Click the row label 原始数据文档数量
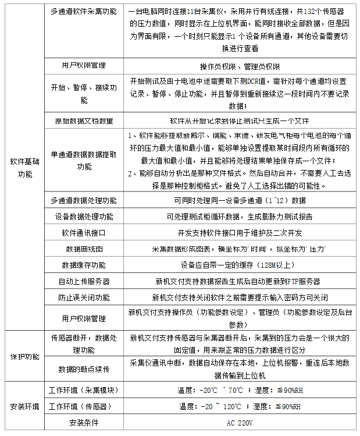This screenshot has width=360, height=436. pyautogui.click(x=84, y=121)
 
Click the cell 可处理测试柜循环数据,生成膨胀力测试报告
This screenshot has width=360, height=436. pyautogui.click(x=240, y=216)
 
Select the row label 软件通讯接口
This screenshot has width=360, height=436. pyautogui.click(x=84, y=232)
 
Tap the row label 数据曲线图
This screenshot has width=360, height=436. pyautogui.click(x=84, y=249)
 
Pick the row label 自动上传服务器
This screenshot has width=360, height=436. pyautogui.click(x=84, y=281)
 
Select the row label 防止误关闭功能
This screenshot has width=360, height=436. pyautogui.click(x=84, y=297)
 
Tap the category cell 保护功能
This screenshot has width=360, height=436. pyautogui.click(x=24, y=356)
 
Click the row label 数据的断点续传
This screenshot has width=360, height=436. pyautogui.click(x=84, y=368)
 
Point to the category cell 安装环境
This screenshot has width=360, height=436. pyautogui.click(x=24, y=406)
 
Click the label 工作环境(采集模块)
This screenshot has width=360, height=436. pyautogui.click(x=84, y=389)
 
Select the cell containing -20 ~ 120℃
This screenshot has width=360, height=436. pyautogui.click(x=240, y=406)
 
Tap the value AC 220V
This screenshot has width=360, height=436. pyautogui.click(x=240, y=422)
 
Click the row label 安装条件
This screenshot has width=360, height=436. pyautogui.click(x=84, y=422)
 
